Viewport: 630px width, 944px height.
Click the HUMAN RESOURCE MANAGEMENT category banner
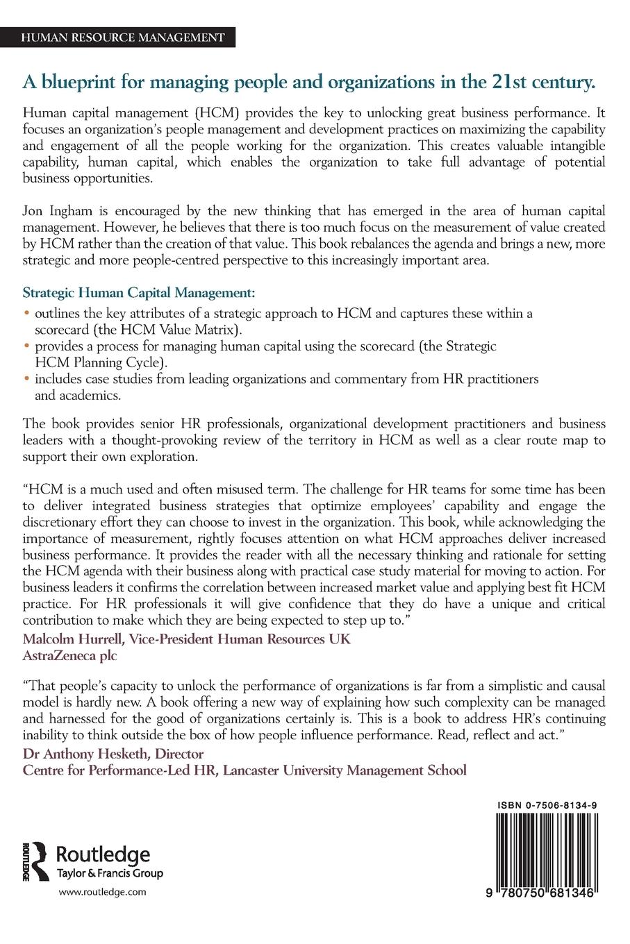pyautogui.click(x=124, y=37)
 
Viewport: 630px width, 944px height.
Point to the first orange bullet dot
pyautogui.click(x=27, y=313)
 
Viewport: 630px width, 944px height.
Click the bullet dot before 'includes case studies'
pyautogui.click(x=27, y=380)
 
